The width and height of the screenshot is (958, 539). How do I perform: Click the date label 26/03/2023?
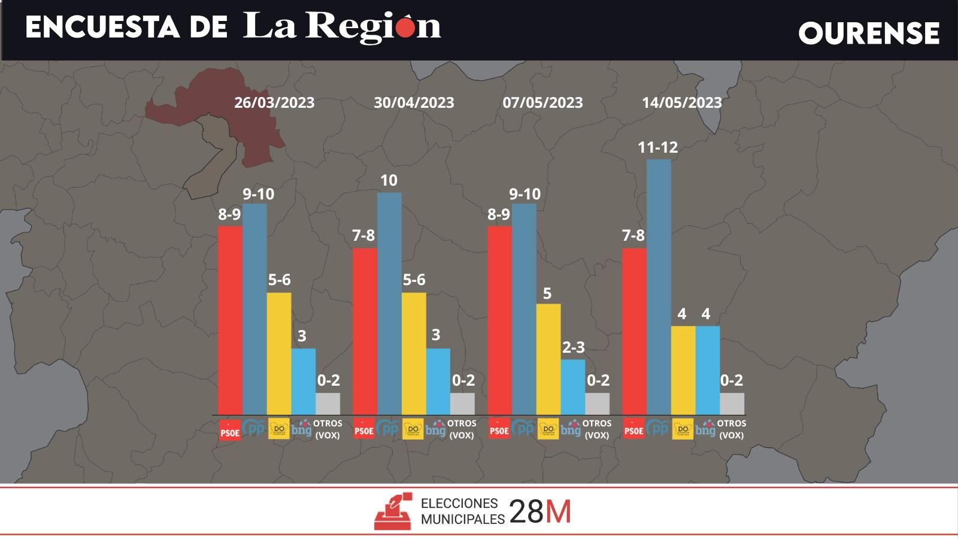[x=274, y=102]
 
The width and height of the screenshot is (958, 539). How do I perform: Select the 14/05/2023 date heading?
[x=682, y=102]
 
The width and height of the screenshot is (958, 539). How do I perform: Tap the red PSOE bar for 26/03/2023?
[x=230, y=320]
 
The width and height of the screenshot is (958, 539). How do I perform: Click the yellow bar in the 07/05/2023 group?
[x=548, y=359]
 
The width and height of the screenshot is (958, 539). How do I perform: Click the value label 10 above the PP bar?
[x=389, y=180]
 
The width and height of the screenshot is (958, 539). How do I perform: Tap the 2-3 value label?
[x=573, y=347]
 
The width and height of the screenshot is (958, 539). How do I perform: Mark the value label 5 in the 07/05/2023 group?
[x=547, y=293]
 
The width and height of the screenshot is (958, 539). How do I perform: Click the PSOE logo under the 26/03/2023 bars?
[x=230, y=430]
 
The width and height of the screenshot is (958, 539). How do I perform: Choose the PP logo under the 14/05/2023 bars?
[x=659, y=428]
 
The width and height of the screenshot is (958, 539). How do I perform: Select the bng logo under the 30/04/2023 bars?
[x=436, y=428]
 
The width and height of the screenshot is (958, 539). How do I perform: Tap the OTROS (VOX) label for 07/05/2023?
[x=597, y=429]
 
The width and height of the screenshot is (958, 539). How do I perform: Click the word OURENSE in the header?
[x=869, y=33]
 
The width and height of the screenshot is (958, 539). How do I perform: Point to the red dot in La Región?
[x=405, y=28]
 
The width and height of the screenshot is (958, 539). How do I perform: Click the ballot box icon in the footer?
[x=393, y=511]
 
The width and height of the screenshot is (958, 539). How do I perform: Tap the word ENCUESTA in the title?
[x=102, y=28]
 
